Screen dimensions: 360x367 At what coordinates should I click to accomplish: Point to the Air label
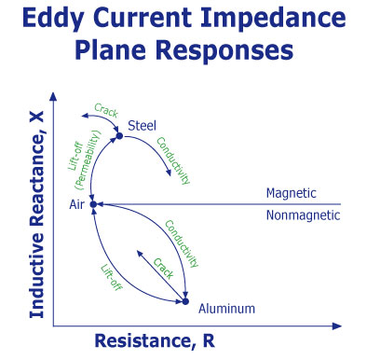[x=77, y=203]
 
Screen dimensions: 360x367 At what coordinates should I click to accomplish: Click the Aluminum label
[x=226, y=307]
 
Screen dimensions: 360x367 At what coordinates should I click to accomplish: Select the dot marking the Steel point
[x=118, y=137]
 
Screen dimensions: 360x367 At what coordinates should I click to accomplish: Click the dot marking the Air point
[x=94, y=203]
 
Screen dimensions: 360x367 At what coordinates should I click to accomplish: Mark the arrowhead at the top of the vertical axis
[x=53, y=93]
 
